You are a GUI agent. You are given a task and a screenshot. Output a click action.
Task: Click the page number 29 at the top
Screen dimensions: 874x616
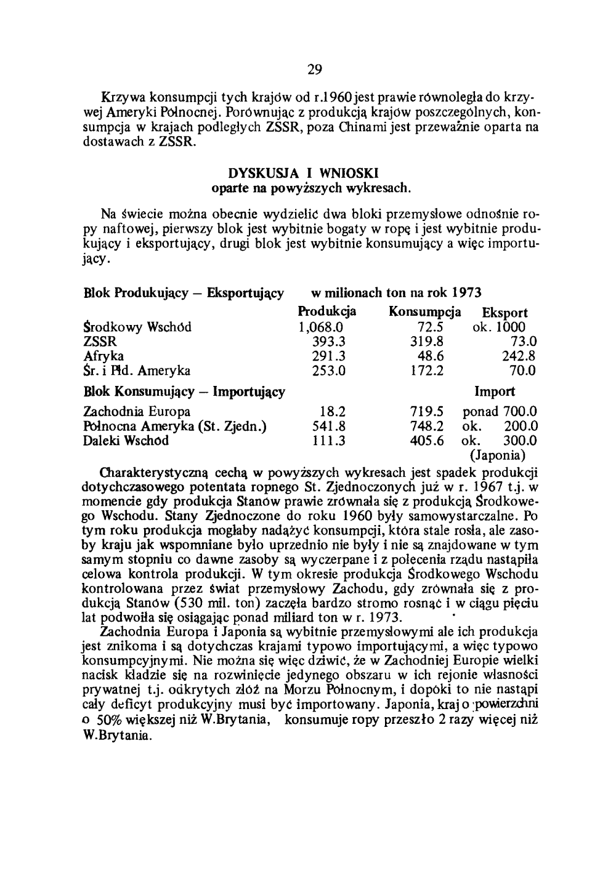(315, 70)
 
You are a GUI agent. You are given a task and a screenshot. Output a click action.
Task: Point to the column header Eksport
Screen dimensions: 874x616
(505, 313)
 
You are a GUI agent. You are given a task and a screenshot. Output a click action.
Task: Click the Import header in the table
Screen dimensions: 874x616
(495, 391)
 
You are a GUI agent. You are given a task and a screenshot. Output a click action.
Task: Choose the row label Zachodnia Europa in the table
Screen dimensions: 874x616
(137, 411)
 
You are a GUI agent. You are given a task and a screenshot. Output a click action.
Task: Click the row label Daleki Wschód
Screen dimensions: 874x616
(125, 441)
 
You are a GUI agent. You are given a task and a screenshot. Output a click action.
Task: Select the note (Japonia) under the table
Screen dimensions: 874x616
(497, 456)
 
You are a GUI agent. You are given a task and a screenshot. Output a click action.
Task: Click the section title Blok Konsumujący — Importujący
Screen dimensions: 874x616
(184, 391)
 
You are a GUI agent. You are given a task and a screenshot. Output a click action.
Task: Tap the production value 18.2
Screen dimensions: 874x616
(333, 411)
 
